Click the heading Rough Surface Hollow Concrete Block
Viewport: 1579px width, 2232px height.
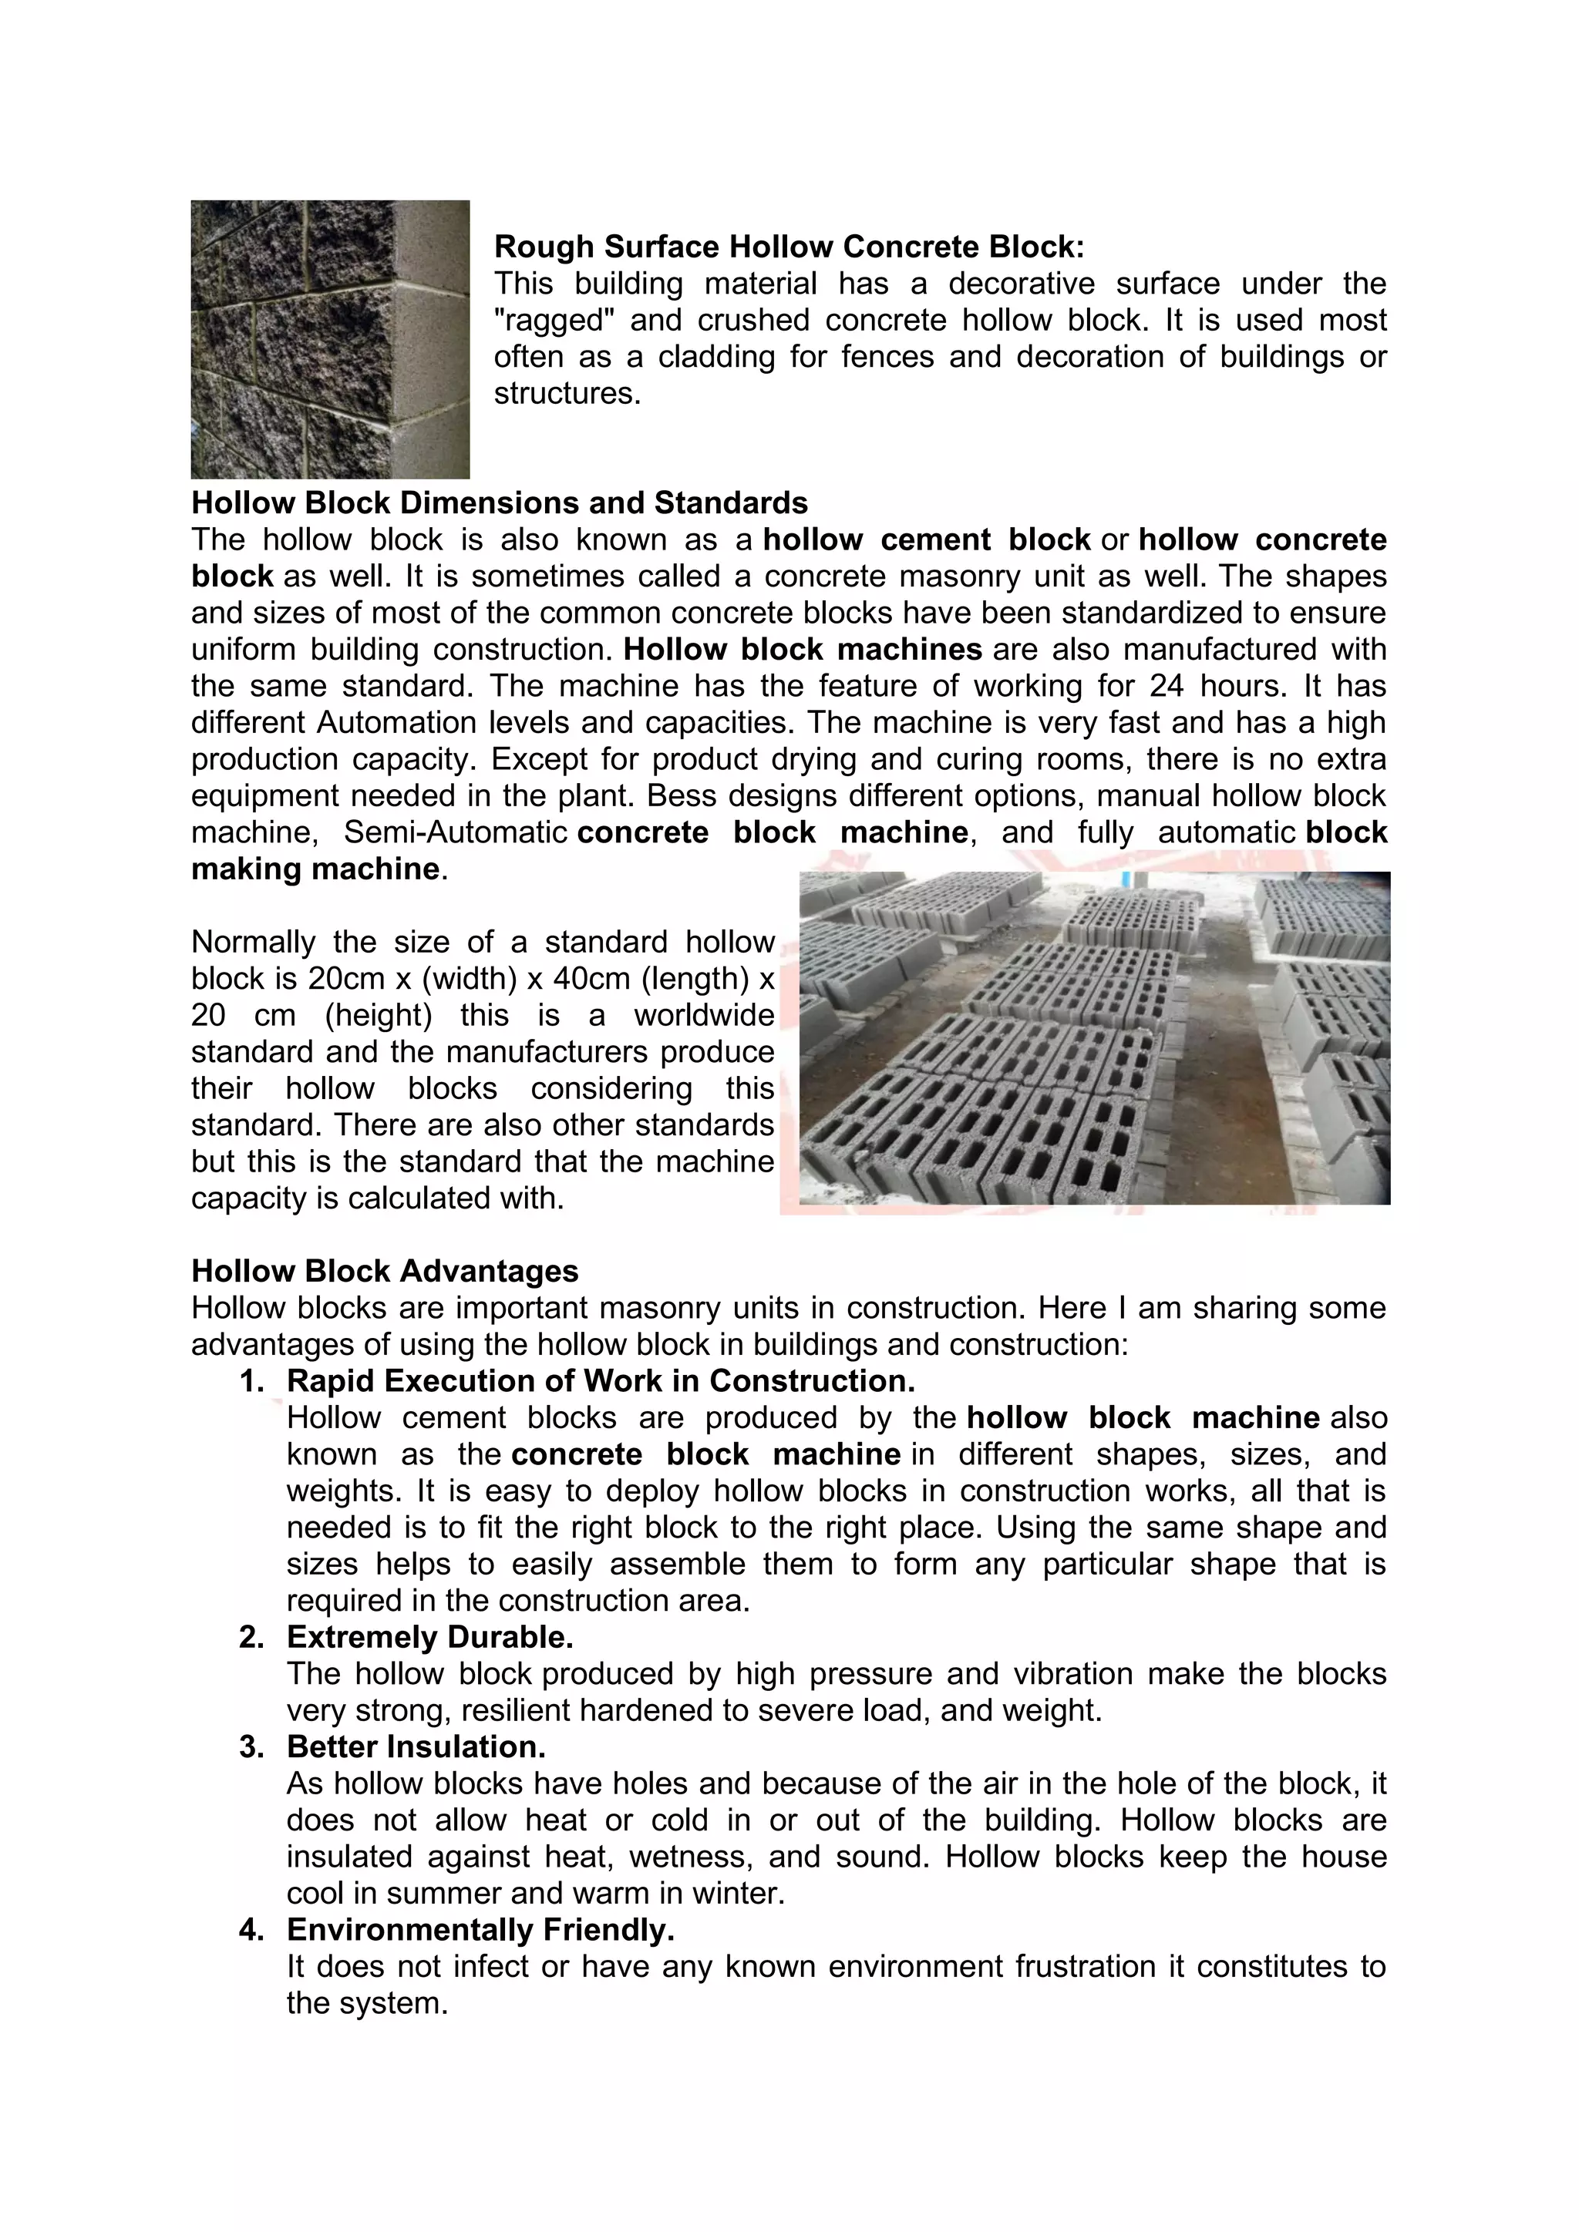(x=789, y=247)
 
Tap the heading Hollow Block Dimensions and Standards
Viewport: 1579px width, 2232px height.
(x=499, y=503)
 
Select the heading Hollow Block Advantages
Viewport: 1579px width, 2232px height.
(x=384, y=1271)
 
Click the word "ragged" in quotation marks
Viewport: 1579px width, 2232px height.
(x=548, y=321)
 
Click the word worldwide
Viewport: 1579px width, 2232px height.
(x=704, y=1016)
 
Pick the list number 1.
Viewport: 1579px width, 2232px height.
(x=252, y=1381)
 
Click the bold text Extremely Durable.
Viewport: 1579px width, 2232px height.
(x=429, y=1637)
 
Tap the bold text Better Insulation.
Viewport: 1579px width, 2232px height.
(x=416, y=1747)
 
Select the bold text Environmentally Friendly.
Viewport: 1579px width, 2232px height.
(x=480, y=1930)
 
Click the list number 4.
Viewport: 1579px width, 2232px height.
(x=252, y=1930)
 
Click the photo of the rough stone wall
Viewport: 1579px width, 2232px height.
(x=330, y=339)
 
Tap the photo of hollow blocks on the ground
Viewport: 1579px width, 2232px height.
(x=1094, y=1038)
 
